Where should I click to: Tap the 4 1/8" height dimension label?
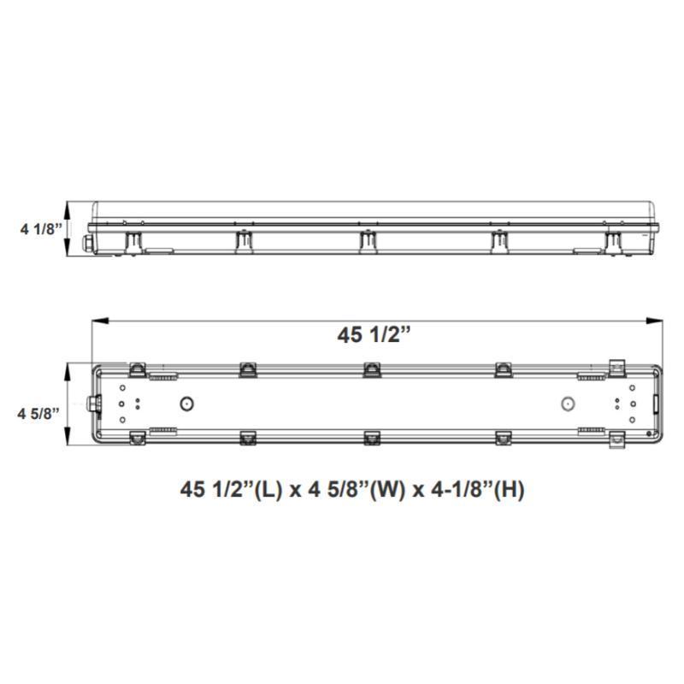click(40, 228)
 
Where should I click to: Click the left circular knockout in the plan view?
click(186, 404)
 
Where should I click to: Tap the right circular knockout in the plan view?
click(565, 404)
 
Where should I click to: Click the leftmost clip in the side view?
click(133, 240)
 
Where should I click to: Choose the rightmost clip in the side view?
click(614, 240)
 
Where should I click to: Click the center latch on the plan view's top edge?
click(372, 369)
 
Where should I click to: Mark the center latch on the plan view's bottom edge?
click(372, 438)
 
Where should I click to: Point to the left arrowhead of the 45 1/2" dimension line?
click(98, 321)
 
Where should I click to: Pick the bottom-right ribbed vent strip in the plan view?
click(590, 431)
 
